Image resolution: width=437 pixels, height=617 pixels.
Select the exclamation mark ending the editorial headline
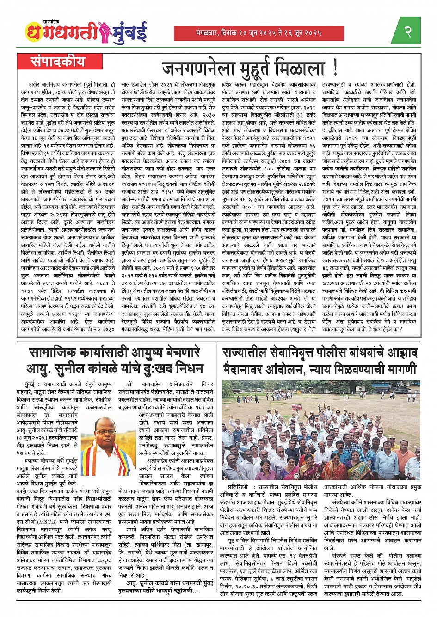[x=334, y=69]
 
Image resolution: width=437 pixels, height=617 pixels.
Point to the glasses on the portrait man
[x=106, y=431]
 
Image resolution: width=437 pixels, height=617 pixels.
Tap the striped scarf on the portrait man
[x=97, y=456]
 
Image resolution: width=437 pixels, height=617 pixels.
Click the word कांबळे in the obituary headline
[x=108, y=369]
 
